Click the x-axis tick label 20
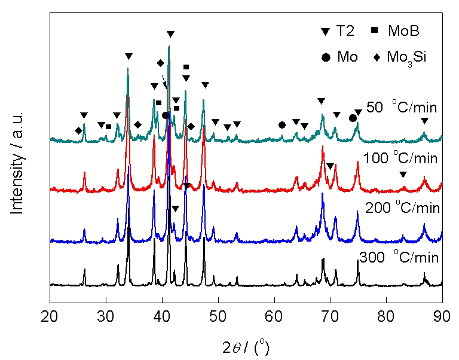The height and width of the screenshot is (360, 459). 50,315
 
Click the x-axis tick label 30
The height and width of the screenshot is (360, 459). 106,315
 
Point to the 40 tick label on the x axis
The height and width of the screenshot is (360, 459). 162,315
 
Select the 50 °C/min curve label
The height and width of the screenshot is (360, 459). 402,108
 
